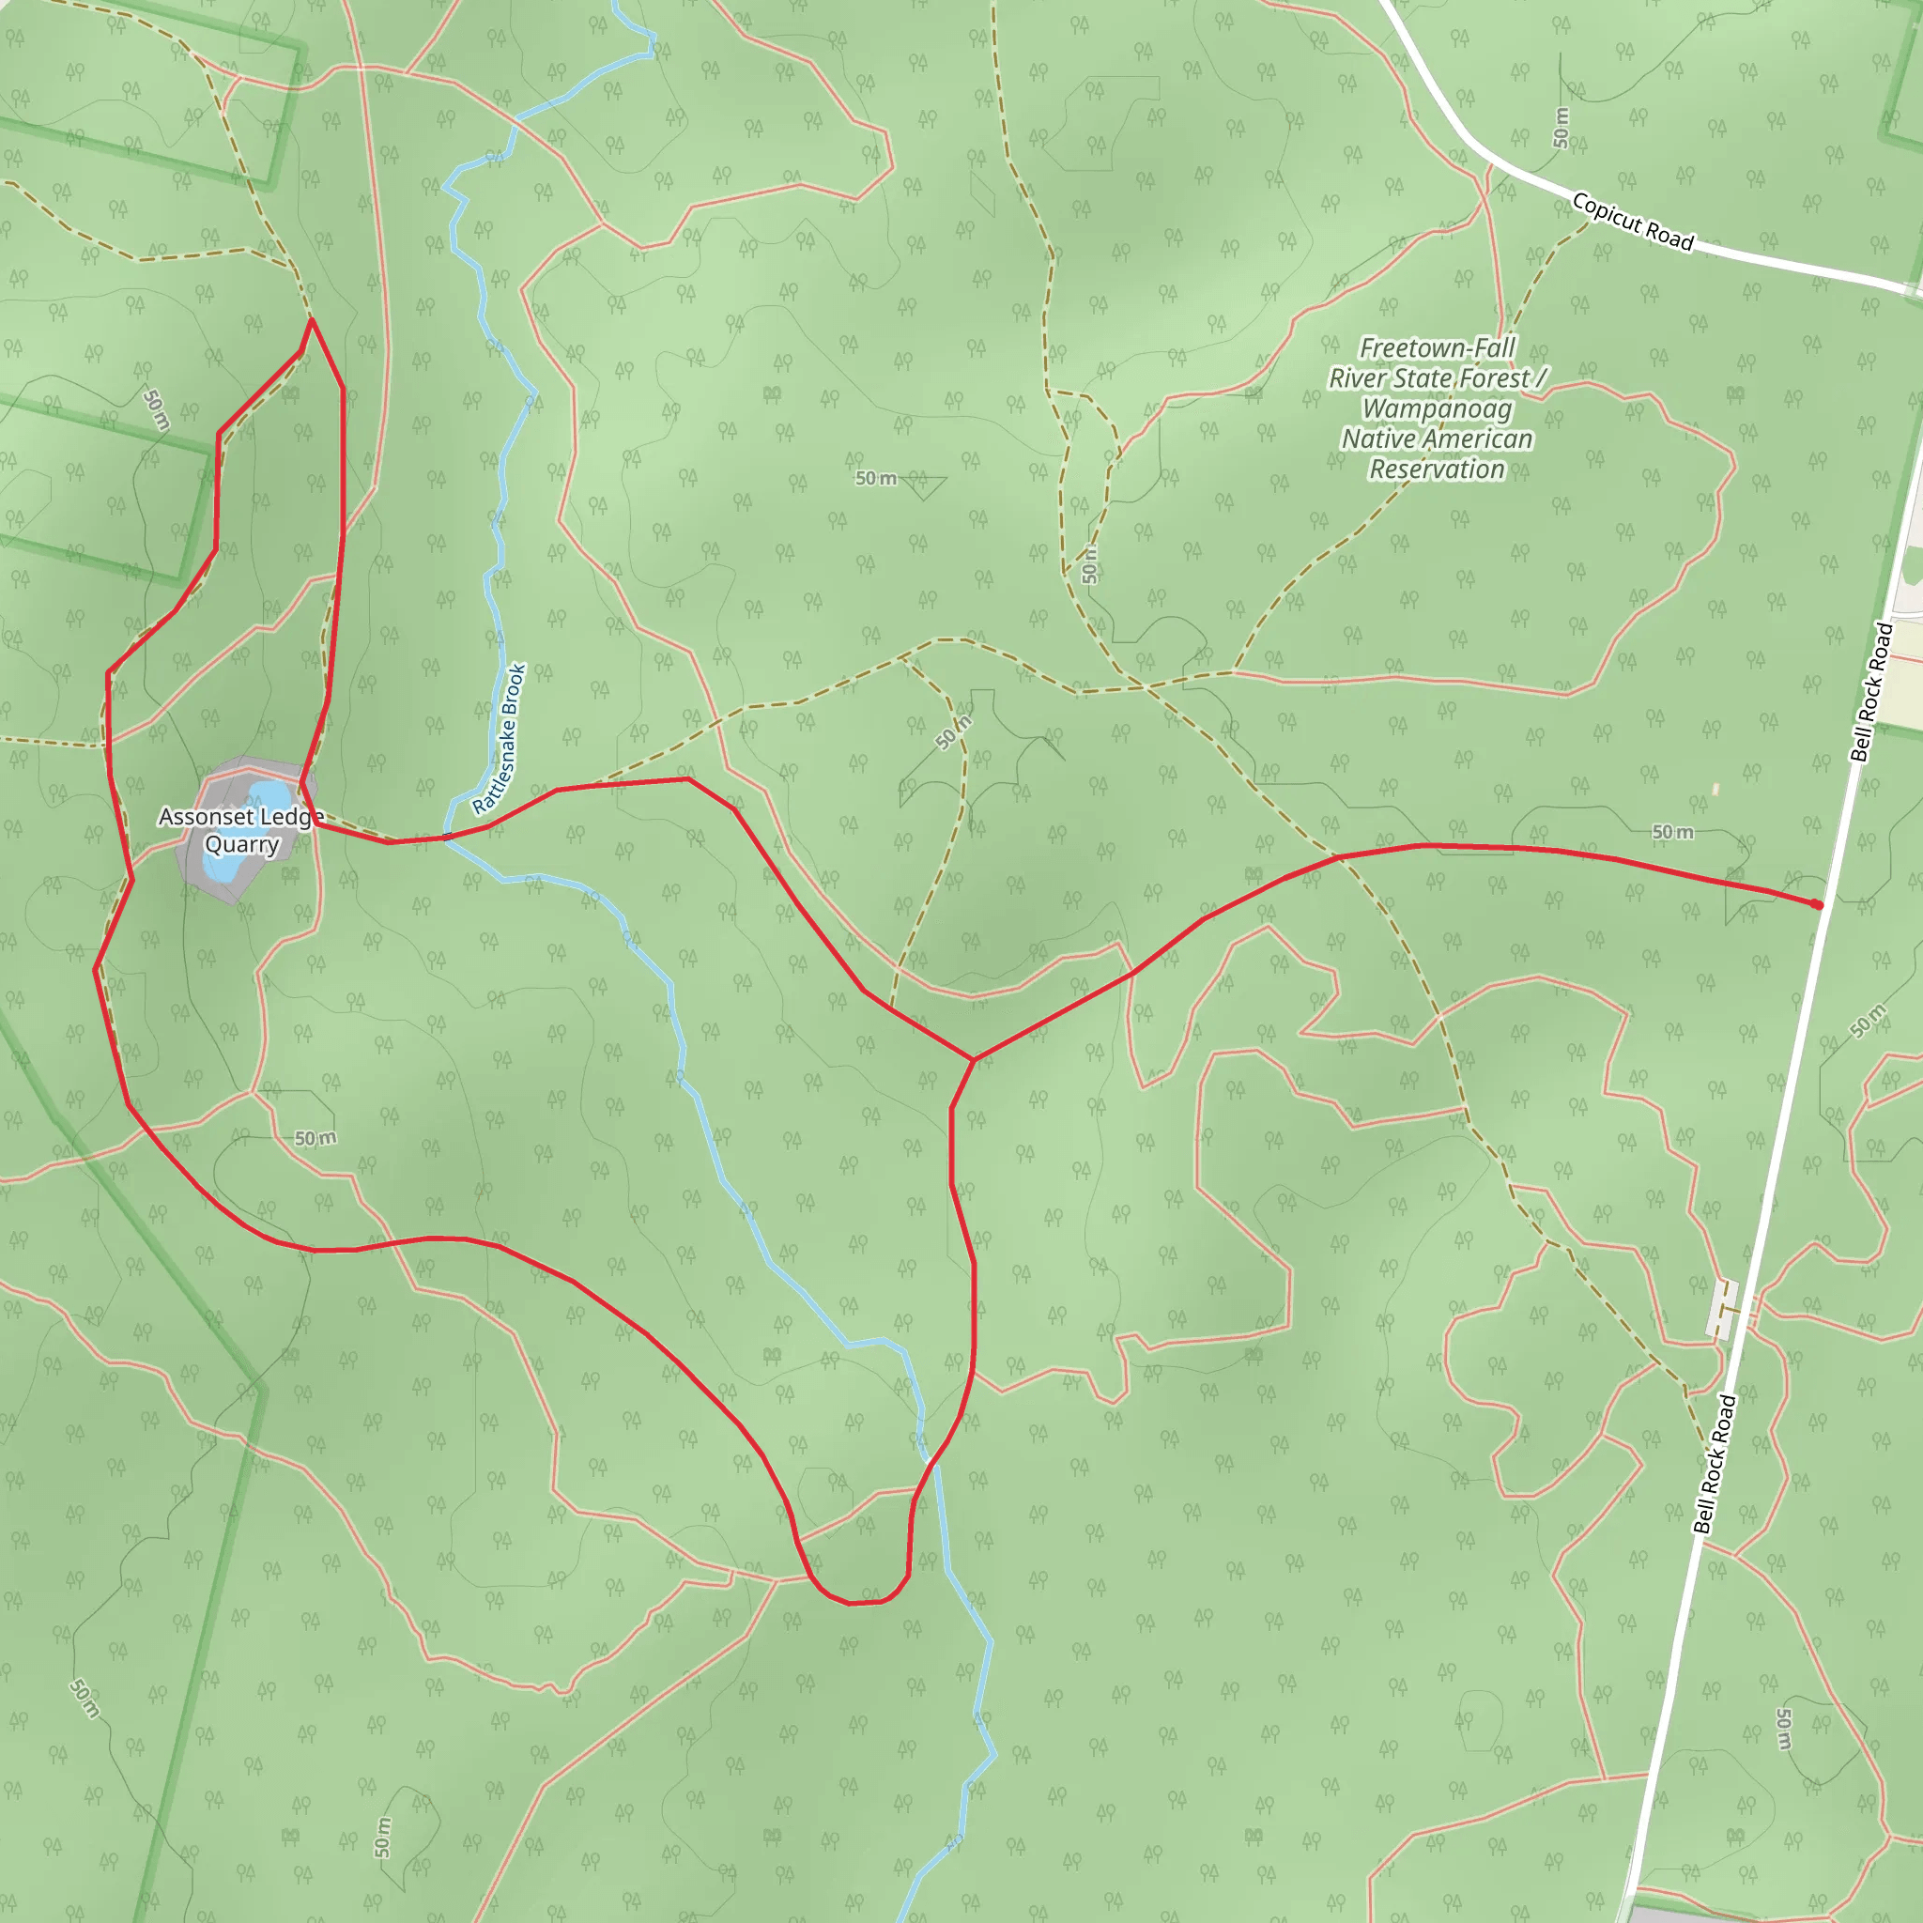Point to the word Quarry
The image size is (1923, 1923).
tap(241, 845)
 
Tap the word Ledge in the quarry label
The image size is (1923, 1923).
tap(291, 817)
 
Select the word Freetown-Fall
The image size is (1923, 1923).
tap(1438, 348)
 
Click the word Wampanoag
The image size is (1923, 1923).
tap(1437, 409)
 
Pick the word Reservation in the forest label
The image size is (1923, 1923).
tap(1437, 469)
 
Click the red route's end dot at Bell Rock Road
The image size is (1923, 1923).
tap(1818, 905)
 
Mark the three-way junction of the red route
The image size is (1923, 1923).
tap(974, 1060)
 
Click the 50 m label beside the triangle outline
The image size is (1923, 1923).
tap(876, 479)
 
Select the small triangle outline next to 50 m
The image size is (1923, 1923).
tap(923, 485)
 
